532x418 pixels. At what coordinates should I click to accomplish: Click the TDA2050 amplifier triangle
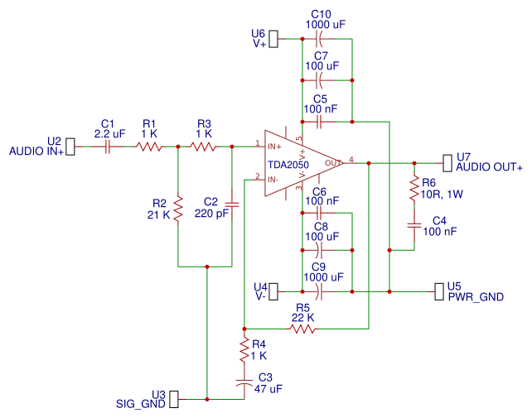pos(298,163)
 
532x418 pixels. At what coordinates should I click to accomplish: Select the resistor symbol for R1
pos(150,147)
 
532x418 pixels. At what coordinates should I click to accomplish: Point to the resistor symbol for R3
pos(204,147)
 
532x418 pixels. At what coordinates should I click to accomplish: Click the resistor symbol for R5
pos(302,329)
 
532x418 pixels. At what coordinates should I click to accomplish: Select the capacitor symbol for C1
pos(107,147)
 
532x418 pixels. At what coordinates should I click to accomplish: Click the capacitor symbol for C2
pos(231,202)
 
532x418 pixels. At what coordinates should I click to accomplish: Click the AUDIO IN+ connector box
pos(70,147)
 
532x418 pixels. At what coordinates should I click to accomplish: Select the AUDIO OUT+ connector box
pos(448,163)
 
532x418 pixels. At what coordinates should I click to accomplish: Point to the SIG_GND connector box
pos(174,400)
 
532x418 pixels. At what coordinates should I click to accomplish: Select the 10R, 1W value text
pos(442,194)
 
